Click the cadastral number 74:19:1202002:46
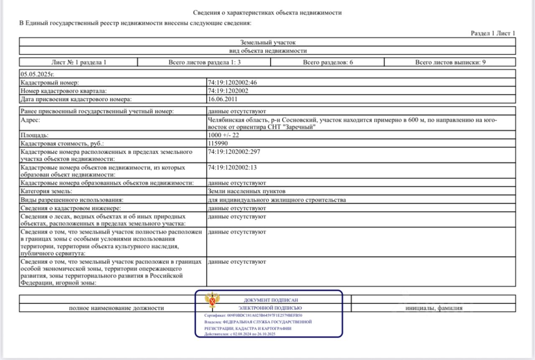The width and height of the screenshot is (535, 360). coord(232,83)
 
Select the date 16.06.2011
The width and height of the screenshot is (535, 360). coord(223,99)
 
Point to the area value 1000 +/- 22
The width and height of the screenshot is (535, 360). coord(224,135)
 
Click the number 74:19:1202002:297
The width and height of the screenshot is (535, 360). coord(234,152)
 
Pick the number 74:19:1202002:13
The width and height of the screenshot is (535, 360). coord(232,167)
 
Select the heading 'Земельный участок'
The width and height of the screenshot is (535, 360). coord(268,42)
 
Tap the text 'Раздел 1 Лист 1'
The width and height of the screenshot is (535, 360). coord(493,33)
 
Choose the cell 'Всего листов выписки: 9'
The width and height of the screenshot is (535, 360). coord(450,62)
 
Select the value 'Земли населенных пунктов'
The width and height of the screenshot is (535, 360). coord(247,191)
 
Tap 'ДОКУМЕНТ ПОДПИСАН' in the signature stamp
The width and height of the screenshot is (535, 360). coord(271,300)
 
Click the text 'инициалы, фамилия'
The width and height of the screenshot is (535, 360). coord(433,308)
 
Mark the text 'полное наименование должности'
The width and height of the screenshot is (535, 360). coord(116,308)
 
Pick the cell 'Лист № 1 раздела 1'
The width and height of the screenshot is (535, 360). coord(79,62)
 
